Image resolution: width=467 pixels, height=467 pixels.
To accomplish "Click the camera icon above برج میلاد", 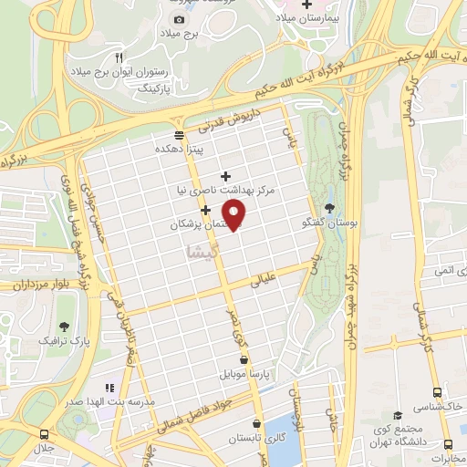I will (x=179, y=19).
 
